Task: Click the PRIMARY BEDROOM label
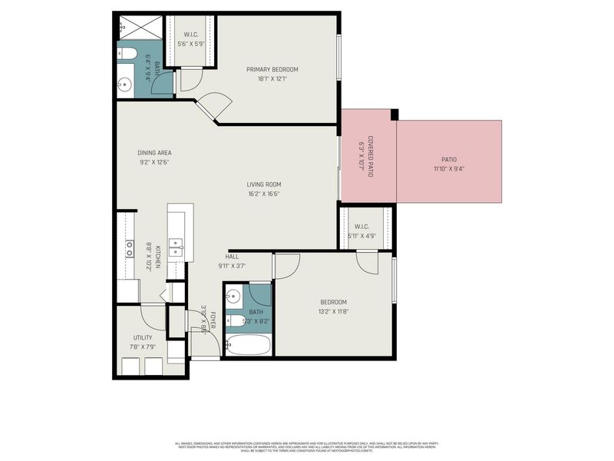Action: (272, 69)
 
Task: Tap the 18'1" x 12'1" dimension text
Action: (272, 78)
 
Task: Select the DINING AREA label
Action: (154, 153)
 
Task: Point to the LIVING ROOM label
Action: (263, 184)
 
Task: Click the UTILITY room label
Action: (143, 337)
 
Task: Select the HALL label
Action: (231, 257)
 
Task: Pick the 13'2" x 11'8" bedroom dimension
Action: (333, 311)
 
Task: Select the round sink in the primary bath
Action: (124, 84)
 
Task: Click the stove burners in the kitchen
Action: (129, 248)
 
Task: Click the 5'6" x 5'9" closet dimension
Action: (190, 43)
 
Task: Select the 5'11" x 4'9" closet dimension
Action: (365, 236)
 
